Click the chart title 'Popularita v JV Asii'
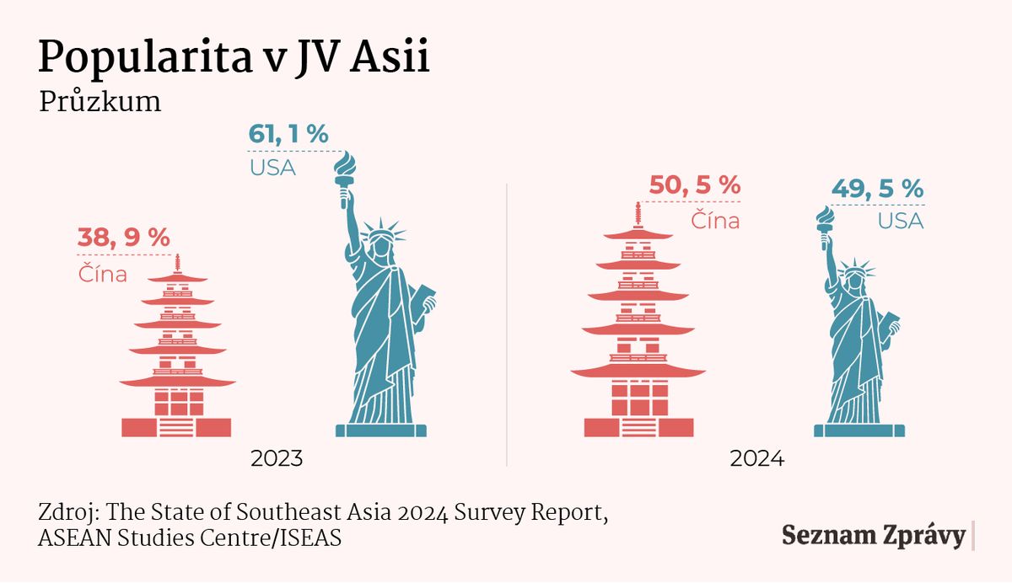point(234,57)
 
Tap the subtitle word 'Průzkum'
point(100,102)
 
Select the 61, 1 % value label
point(288,134)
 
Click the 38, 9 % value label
point(124,238)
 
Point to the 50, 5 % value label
point(695,185)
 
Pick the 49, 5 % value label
point(877,189)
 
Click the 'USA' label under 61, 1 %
point(272,168)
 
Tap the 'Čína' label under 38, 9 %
point(103,274)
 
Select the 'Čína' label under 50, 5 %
point(715,221)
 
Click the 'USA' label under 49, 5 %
point(900,222)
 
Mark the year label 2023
point(277,460)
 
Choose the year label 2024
point(757,460)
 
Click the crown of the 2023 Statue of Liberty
point(382,230)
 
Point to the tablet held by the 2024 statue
point(889,325)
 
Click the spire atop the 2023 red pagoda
point(177,264)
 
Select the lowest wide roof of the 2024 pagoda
point(638,371)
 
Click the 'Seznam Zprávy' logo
point(873,537)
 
